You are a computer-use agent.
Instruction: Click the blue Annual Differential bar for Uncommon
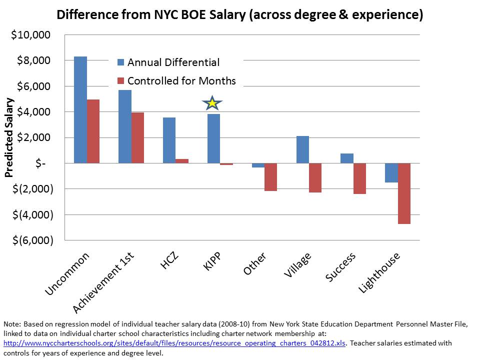click(80, 110)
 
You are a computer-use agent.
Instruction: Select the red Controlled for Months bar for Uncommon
click(93, 131)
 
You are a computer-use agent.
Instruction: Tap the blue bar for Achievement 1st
click(125, 126)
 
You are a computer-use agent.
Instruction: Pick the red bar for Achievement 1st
click(137, 138)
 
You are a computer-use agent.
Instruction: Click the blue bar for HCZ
click(169, 140)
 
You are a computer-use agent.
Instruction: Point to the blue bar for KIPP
click(213, 138)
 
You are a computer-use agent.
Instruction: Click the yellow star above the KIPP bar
click(212, 103)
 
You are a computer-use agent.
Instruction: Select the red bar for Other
click(271, 177)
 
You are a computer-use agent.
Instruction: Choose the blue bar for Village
click(302, 149)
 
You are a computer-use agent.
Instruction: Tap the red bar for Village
click(315, 177)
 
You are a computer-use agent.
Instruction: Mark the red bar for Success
click(359, 178)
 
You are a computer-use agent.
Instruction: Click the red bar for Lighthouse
click(404, 193)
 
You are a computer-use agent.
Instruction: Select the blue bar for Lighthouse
click(391, 172)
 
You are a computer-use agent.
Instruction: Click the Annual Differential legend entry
click(173, 62)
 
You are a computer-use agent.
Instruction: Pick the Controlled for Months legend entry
click(181, 81)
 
